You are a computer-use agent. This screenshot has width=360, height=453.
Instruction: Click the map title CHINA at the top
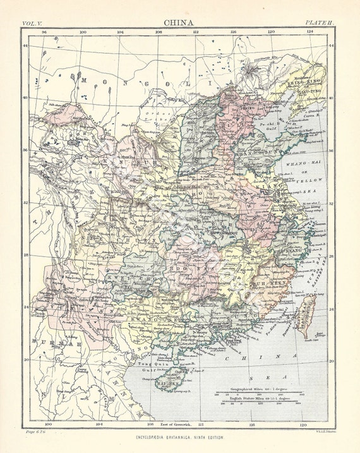click(x=179, y=21)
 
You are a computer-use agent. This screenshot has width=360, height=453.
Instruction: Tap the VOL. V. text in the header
click(x=33, y=23)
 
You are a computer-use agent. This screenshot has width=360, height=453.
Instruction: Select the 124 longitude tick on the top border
click(x=310, y=31)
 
